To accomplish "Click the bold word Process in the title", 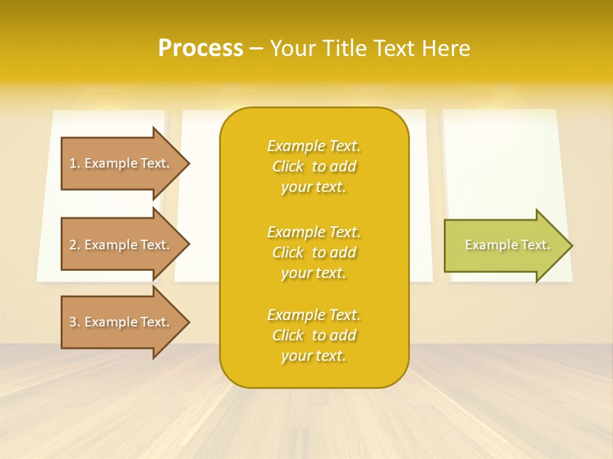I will (201, 48).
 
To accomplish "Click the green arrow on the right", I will (504, 245).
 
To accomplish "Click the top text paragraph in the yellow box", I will (314, 166).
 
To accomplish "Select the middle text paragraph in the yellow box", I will (314, 252).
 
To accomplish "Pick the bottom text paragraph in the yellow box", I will (314, 335).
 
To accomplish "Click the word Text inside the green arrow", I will (535, 245).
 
